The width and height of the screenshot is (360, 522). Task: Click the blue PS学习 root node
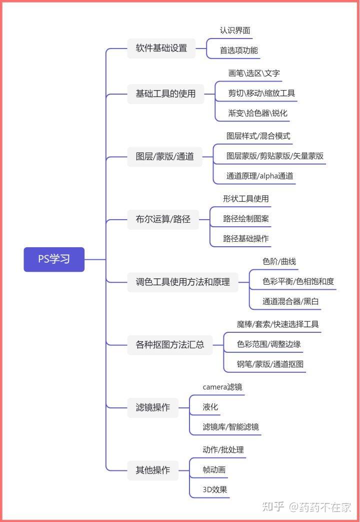pyautogui.click(x=54, y=259)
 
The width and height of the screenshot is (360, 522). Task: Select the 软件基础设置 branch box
pyautogui.click(x=161, y=48)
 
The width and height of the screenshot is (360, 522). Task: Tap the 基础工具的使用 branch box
pyautogui.click(x=165, y=94)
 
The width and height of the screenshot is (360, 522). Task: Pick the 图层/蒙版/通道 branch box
pyautogui.click(x=164, y=157)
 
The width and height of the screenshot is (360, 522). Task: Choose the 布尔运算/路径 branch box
pyautogui.click(x=163, y=219)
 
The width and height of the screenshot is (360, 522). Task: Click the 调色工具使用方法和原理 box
pyautogui.click(x=182, y=282)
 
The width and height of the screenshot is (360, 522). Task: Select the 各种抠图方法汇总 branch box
pyautogui.click(x=169, y=345)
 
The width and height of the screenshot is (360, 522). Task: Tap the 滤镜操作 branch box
pyautogui.click(x=152, y=407)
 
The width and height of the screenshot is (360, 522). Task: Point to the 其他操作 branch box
pyautogui.click(x=152, y=470)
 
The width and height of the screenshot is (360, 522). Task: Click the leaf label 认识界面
pyautogui.click(x=235, y=31)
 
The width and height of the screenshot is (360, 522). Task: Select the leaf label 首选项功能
pyautogui.click(x=239, y=51)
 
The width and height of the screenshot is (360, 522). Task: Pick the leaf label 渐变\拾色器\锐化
pyautogui.click(x=258, y=113)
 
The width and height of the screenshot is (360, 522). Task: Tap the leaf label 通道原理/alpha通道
pyautogui.click(x=260, y=176)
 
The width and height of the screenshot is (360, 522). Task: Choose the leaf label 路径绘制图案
pyautogui.click(x=246, y=219)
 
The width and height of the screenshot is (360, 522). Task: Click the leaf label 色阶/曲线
pyautogui.click(x=279, y=262)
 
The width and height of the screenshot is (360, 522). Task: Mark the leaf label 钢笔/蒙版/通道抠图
pyautogui.click(x=270, y=364)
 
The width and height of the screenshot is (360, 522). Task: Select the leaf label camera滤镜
pyautogui.click(x=222, y=387)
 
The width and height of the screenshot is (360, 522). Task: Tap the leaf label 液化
pyautogui.click(x=210, y=407)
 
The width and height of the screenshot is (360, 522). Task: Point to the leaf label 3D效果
pyautogui.click(x=215, y=489)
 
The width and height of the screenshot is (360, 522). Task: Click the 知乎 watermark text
pyautogui.click(x=273, y=507)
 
